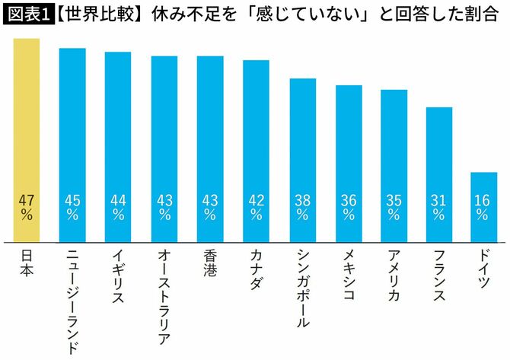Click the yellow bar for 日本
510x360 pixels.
click(27, 137)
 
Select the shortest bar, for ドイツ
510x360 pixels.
click(483, 205)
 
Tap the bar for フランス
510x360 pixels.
click(438, 171)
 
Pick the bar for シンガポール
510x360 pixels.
click(302, 156)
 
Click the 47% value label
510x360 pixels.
click(27, 208)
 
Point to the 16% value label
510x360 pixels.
click(483, 208)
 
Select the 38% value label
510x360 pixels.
click(302, 208)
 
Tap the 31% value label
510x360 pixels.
click(438, 208)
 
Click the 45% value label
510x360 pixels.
click(72, 208)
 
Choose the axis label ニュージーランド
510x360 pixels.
click(72, 301)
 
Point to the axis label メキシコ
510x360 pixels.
click(348, 275)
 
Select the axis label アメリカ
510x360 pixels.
click(393, 275)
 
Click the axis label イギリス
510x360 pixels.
click(118, 275)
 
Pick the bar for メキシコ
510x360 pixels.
click(348, 160)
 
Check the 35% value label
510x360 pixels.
click(393, 208)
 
